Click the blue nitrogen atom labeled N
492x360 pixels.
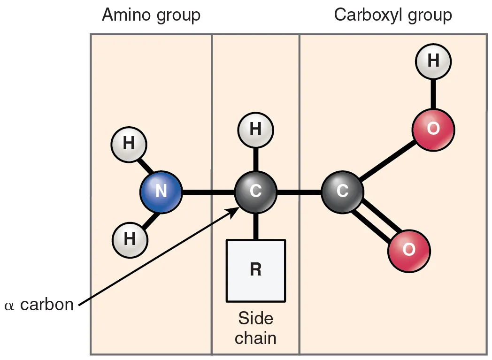[161, 192]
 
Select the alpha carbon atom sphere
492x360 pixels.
[255, 192]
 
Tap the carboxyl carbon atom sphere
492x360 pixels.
[342, 192]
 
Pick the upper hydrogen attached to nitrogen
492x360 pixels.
[129, 144]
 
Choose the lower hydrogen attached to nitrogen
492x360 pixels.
[130, 239]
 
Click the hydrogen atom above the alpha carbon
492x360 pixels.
[255, 130]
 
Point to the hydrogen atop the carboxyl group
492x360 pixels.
[433, 61]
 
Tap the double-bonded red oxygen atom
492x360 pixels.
[409, 250]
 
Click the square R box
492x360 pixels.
[255, 270]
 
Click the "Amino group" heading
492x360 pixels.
[151, 15]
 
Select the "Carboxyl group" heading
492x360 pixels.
[392, 15]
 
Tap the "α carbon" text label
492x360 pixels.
[39, 305]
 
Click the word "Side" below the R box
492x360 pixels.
[255, 319]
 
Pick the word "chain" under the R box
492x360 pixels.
[255, 338]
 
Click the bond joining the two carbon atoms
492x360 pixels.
[299, 192]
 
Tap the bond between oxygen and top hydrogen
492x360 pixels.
[433, 94]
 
